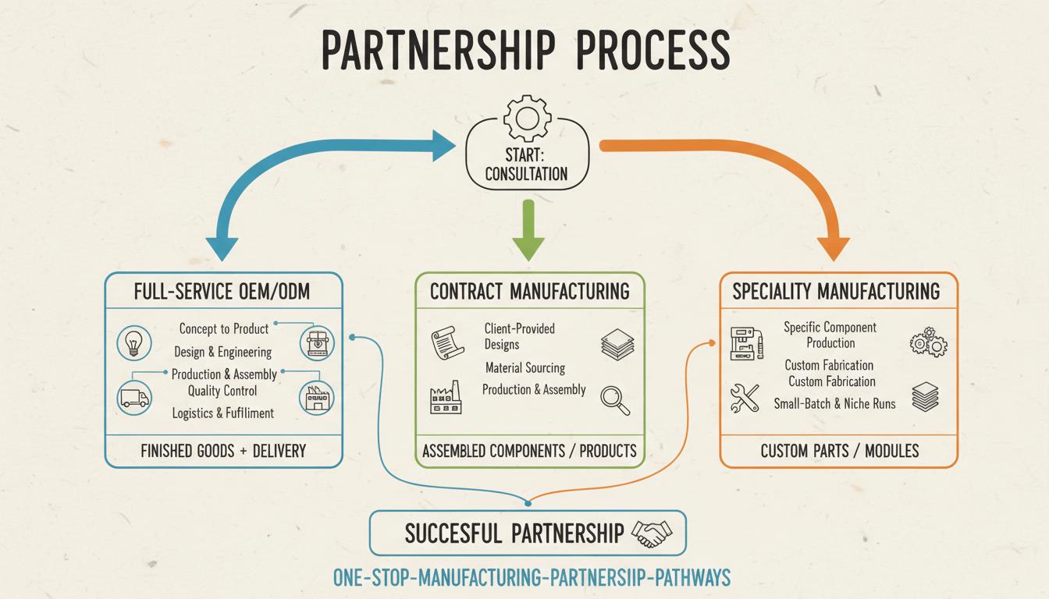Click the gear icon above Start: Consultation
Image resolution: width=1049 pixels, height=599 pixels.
click(x=527, y=116)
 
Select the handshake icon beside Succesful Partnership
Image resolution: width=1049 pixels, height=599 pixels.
click(x=651, y=533)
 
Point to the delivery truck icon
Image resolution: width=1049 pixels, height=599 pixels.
click(x=133, y=398)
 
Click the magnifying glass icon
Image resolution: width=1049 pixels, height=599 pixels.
click(x=614, y=399)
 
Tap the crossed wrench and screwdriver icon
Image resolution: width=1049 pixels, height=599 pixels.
click(x=745, y=399)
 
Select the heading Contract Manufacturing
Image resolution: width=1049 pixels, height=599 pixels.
click(x=529, y=292)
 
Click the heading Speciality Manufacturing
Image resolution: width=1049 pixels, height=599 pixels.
click(x=836, y=292)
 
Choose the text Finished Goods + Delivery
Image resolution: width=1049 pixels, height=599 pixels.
click(x=223, y=451)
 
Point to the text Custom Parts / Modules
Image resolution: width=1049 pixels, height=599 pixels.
click(x=839, y=451)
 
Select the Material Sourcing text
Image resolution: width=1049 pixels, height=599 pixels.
click(x=524, y=367)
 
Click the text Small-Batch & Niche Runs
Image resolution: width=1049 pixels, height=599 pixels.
click(x=834, y=403)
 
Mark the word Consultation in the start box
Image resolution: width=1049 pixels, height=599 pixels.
click(x=526, y=173)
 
